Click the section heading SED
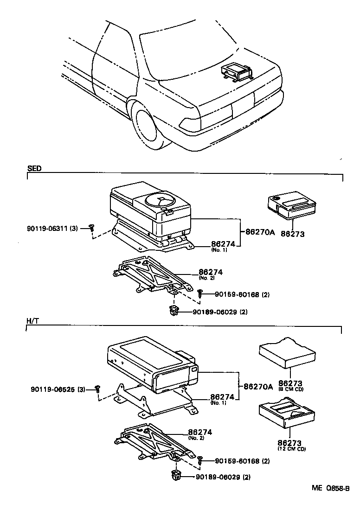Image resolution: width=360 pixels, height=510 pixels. point(34,169)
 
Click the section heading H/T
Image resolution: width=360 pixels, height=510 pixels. point(32,321)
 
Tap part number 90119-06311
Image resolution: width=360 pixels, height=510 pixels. point(47,228)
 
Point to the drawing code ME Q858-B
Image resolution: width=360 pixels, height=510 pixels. point(330,488)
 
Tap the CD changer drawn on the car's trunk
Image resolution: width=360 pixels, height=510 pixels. point(236,72)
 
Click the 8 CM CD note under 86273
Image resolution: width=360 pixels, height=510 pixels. point(290,390)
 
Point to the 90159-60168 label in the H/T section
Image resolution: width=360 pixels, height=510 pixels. point(238,461)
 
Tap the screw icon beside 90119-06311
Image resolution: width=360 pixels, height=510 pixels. point(92,228)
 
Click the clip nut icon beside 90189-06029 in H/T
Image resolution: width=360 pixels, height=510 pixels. point(176,475)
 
